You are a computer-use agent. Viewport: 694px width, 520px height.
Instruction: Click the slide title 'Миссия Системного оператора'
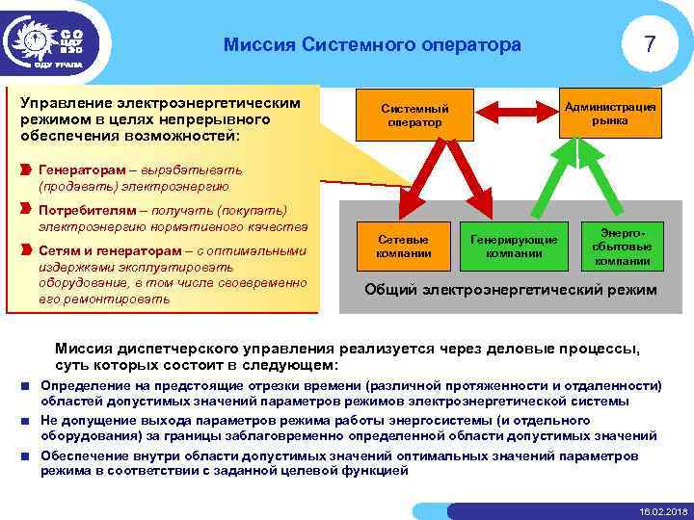tap(371, 44)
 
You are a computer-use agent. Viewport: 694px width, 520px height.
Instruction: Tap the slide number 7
tap(651, 44)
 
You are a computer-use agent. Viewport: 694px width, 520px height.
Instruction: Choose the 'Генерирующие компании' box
tap(506, 246)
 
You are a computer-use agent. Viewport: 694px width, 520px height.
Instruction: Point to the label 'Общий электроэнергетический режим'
tap(511, 289)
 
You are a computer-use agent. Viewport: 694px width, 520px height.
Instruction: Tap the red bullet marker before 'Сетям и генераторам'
tap(25, 249)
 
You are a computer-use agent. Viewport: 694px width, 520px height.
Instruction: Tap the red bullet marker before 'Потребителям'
tap(25, 210)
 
